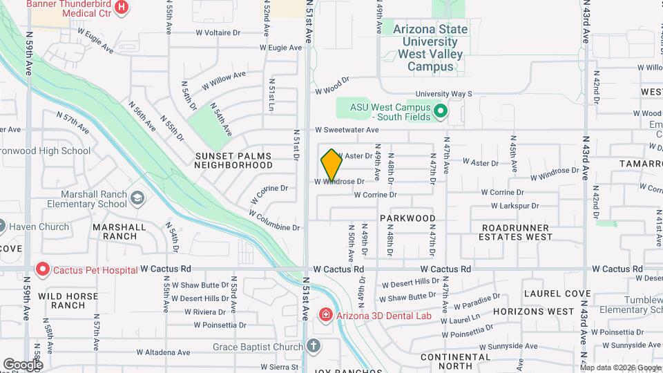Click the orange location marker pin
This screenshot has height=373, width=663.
[332, 164]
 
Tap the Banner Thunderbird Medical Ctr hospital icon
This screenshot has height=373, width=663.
[122, 8]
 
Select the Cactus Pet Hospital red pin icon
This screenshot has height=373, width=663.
[43, 269]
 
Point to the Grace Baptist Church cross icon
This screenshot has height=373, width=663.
[314, 345]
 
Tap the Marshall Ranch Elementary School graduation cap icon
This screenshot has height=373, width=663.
[137, 199]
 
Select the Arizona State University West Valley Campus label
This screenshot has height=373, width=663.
[430, 48]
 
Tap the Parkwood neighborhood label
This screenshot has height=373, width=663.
[407, 218]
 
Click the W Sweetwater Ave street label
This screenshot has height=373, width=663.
[347, 130]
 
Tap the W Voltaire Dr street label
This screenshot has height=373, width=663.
[217, 32]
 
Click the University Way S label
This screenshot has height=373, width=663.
[443, 94]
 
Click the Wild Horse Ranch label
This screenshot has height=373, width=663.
[68, 300]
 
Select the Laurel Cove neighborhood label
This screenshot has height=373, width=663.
[557, 294]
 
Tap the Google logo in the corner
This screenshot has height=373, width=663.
[23, 364]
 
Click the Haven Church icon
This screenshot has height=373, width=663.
[2, 226]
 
